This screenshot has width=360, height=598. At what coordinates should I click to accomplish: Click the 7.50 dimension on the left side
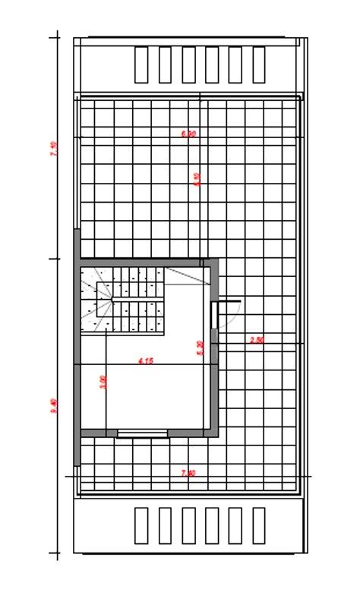click(53, 149)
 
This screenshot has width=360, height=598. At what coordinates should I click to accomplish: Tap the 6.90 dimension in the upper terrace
click(189, 134)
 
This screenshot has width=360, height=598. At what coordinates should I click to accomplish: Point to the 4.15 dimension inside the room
click(146, 361)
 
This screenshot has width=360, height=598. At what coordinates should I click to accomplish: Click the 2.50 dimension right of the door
click(257, 340)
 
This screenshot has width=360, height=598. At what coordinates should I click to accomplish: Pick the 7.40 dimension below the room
click(188, 473)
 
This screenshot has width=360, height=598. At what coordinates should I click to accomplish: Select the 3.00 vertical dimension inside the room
click(103, 381)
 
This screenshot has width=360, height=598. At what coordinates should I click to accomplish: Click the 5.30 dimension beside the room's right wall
click(200, 348)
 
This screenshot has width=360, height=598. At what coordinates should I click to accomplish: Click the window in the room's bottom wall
click(143, 433)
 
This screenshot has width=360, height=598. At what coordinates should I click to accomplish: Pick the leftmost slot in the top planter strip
click(141, 65)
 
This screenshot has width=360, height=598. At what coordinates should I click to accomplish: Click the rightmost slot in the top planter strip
click(258, 65)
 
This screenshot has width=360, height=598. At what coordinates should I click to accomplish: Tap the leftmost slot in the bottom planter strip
click(141, 525)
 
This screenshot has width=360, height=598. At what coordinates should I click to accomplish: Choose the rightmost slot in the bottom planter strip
click(258, 525)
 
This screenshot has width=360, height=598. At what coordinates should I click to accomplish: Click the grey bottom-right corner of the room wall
click(213, 432)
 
